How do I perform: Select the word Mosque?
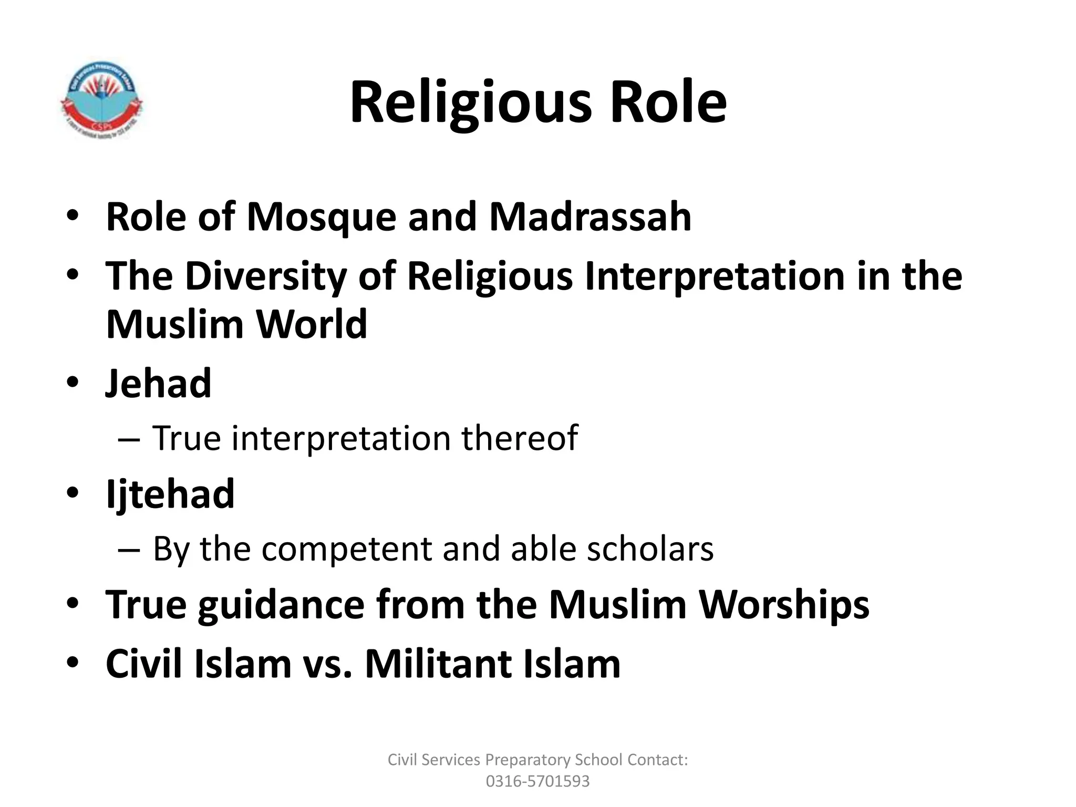[x=321, y=217]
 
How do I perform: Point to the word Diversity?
[x=265, y=277]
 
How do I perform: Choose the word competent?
[x=346, y=550]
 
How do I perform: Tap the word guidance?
[x=281, y=605]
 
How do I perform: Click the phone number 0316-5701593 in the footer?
[x=537, y=781]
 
